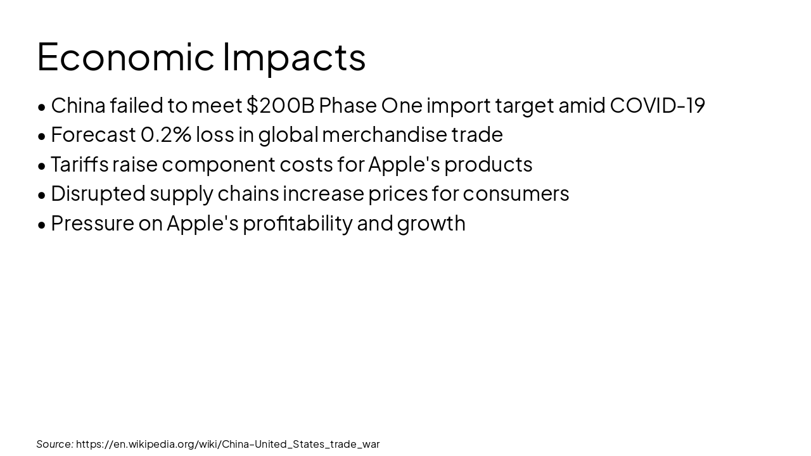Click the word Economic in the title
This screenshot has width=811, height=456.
125,56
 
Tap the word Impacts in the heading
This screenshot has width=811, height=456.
294,56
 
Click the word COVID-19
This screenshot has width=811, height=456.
657,105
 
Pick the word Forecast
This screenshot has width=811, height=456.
93,134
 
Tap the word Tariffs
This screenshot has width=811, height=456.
79,164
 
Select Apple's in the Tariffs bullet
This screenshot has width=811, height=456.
404,164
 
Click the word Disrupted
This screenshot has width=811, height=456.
98,193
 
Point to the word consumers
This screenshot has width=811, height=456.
516,193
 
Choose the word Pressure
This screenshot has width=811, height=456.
92,223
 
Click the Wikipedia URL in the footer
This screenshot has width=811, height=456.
227,444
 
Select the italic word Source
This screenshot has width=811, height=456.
54,444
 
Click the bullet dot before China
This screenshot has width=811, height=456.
42,107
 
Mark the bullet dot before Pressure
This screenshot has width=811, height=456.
42,225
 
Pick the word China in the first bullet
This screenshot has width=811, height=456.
78,105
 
